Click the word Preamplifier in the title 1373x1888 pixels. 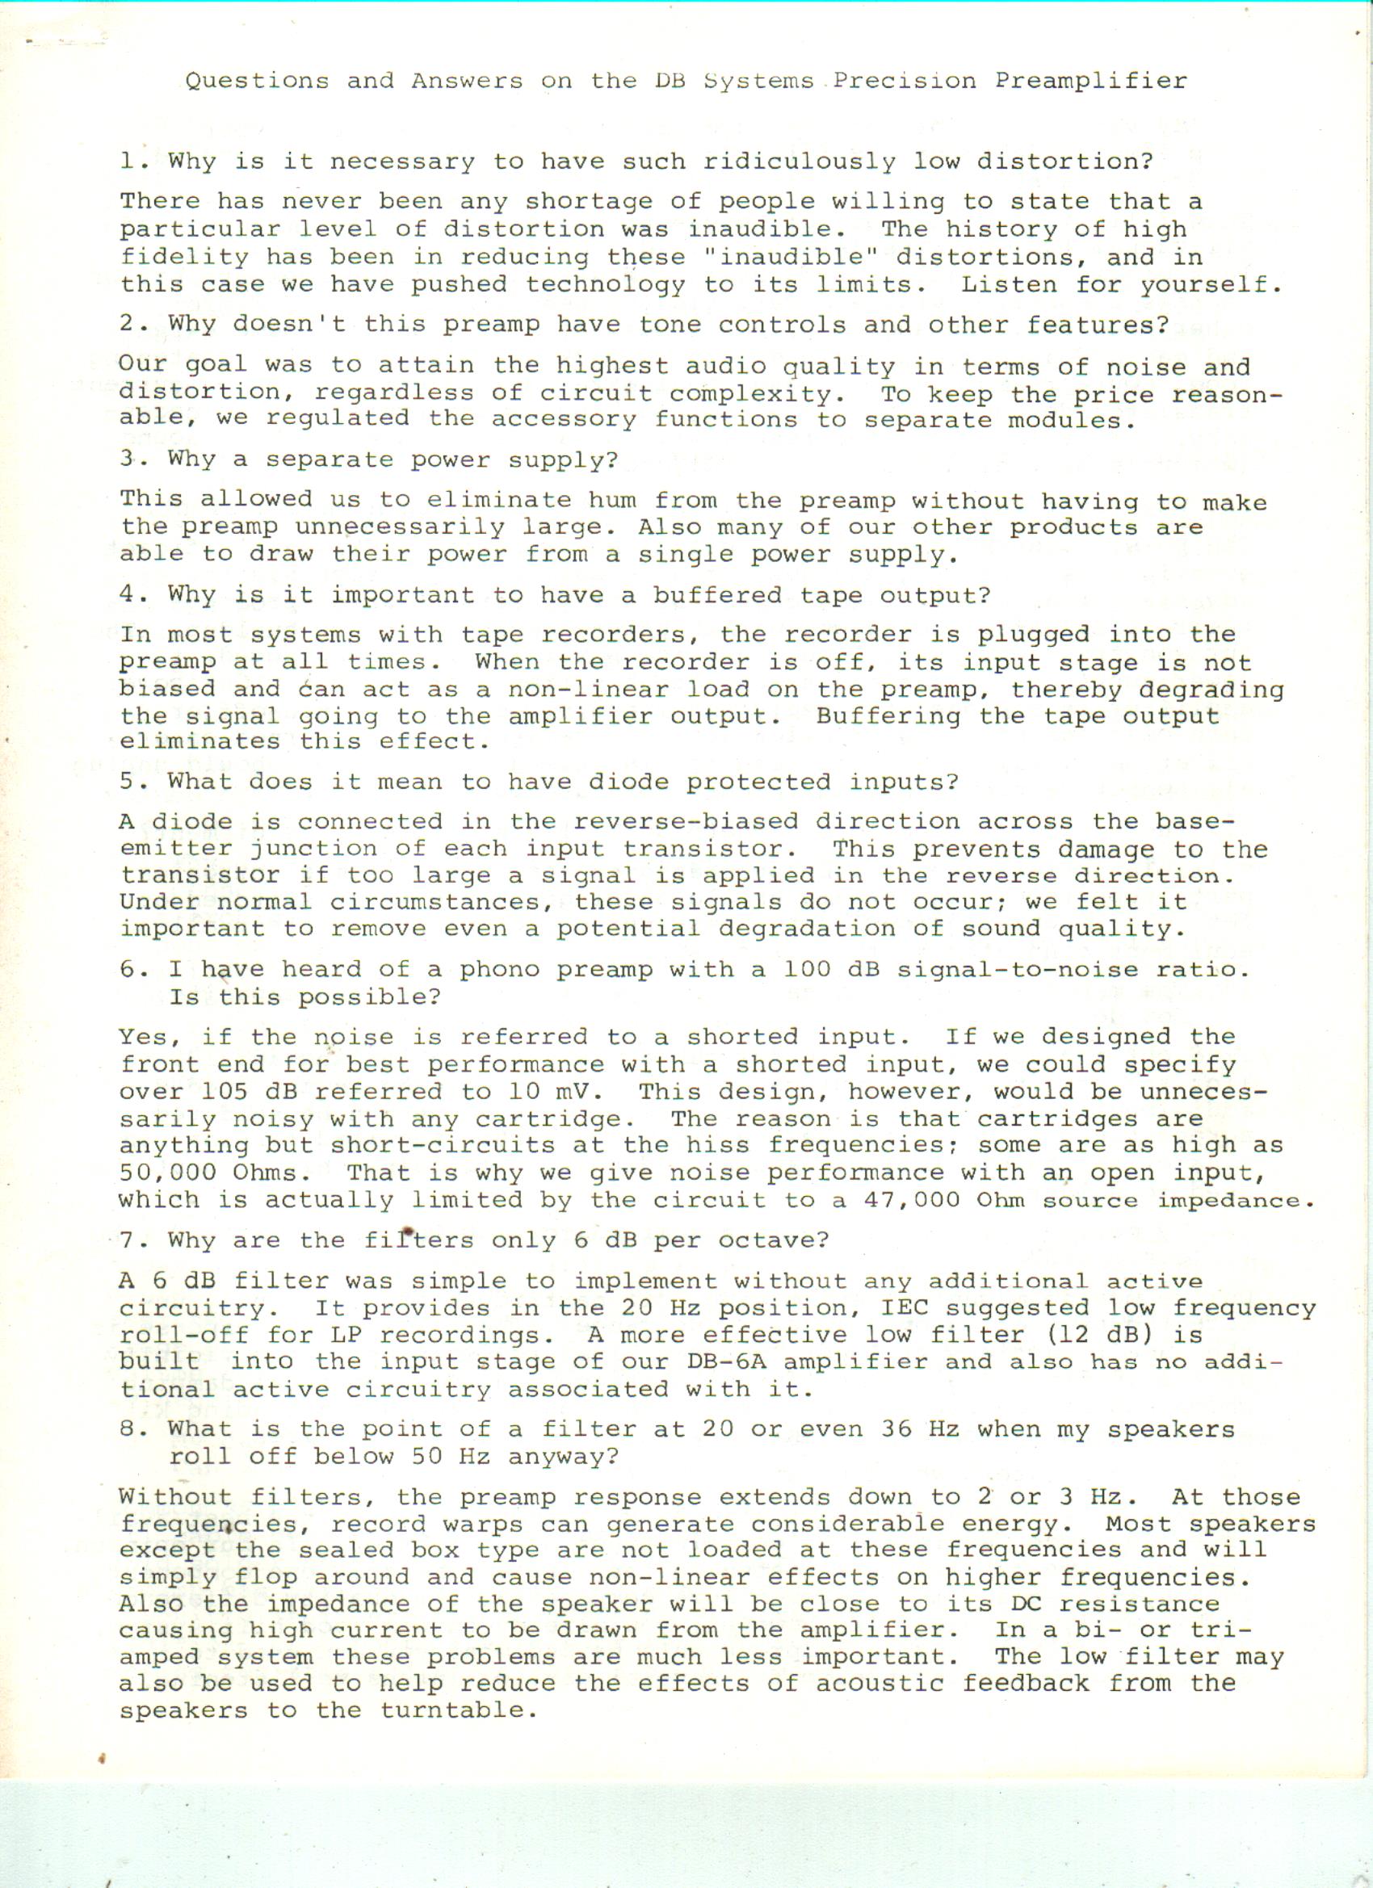(1091, 81)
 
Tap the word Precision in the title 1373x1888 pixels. (905, 81)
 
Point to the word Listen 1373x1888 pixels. (1009, 284)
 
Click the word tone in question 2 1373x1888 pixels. (670, 324)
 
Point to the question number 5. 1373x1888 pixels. (128, 782)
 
